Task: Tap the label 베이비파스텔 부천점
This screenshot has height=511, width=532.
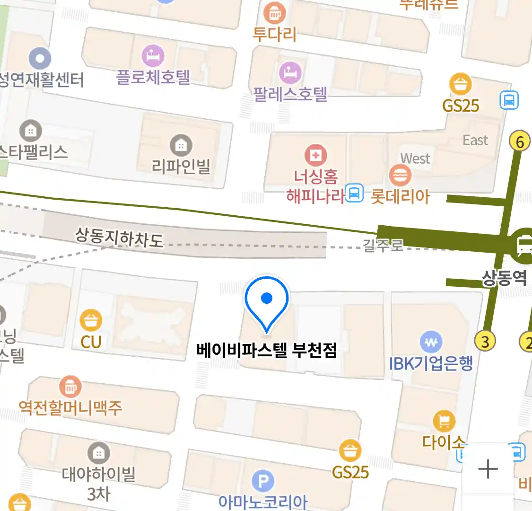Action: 267,351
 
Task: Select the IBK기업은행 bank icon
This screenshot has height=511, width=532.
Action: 431,342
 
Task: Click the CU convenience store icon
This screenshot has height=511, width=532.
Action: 91,320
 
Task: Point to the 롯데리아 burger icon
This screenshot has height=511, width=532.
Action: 400,176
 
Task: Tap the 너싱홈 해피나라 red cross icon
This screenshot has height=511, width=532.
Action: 315,155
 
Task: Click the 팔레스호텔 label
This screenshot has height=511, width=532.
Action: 290,94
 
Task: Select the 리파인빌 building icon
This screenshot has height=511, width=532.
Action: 181,145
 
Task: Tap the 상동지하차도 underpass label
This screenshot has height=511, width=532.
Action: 119,237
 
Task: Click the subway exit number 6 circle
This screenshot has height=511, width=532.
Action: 520,141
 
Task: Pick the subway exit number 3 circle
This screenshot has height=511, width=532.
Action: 485,341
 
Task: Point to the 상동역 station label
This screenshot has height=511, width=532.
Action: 504,277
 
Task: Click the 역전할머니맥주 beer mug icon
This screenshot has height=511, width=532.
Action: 70,387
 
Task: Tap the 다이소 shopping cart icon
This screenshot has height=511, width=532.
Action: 444,421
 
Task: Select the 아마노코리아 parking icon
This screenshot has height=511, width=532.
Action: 263,482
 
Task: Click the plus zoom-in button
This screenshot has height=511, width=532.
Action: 488,469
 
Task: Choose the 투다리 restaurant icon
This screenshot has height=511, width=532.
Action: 275,13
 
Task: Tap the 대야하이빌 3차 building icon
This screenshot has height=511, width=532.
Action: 98,453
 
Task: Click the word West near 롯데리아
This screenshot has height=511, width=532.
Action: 415,159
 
